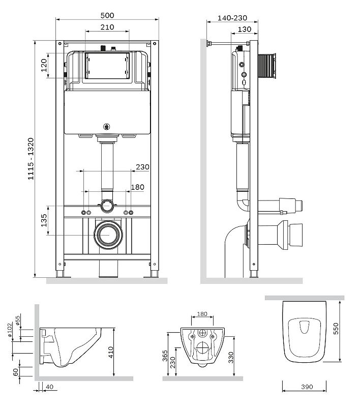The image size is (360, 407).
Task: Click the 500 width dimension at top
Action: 107,15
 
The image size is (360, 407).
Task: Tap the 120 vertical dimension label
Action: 44,65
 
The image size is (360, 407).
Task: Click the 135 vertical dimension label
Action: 44,220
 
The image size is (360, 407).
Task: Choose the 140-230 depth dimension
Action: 233,17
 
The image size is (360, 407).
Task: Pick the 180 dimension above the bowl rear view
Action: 202,314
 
